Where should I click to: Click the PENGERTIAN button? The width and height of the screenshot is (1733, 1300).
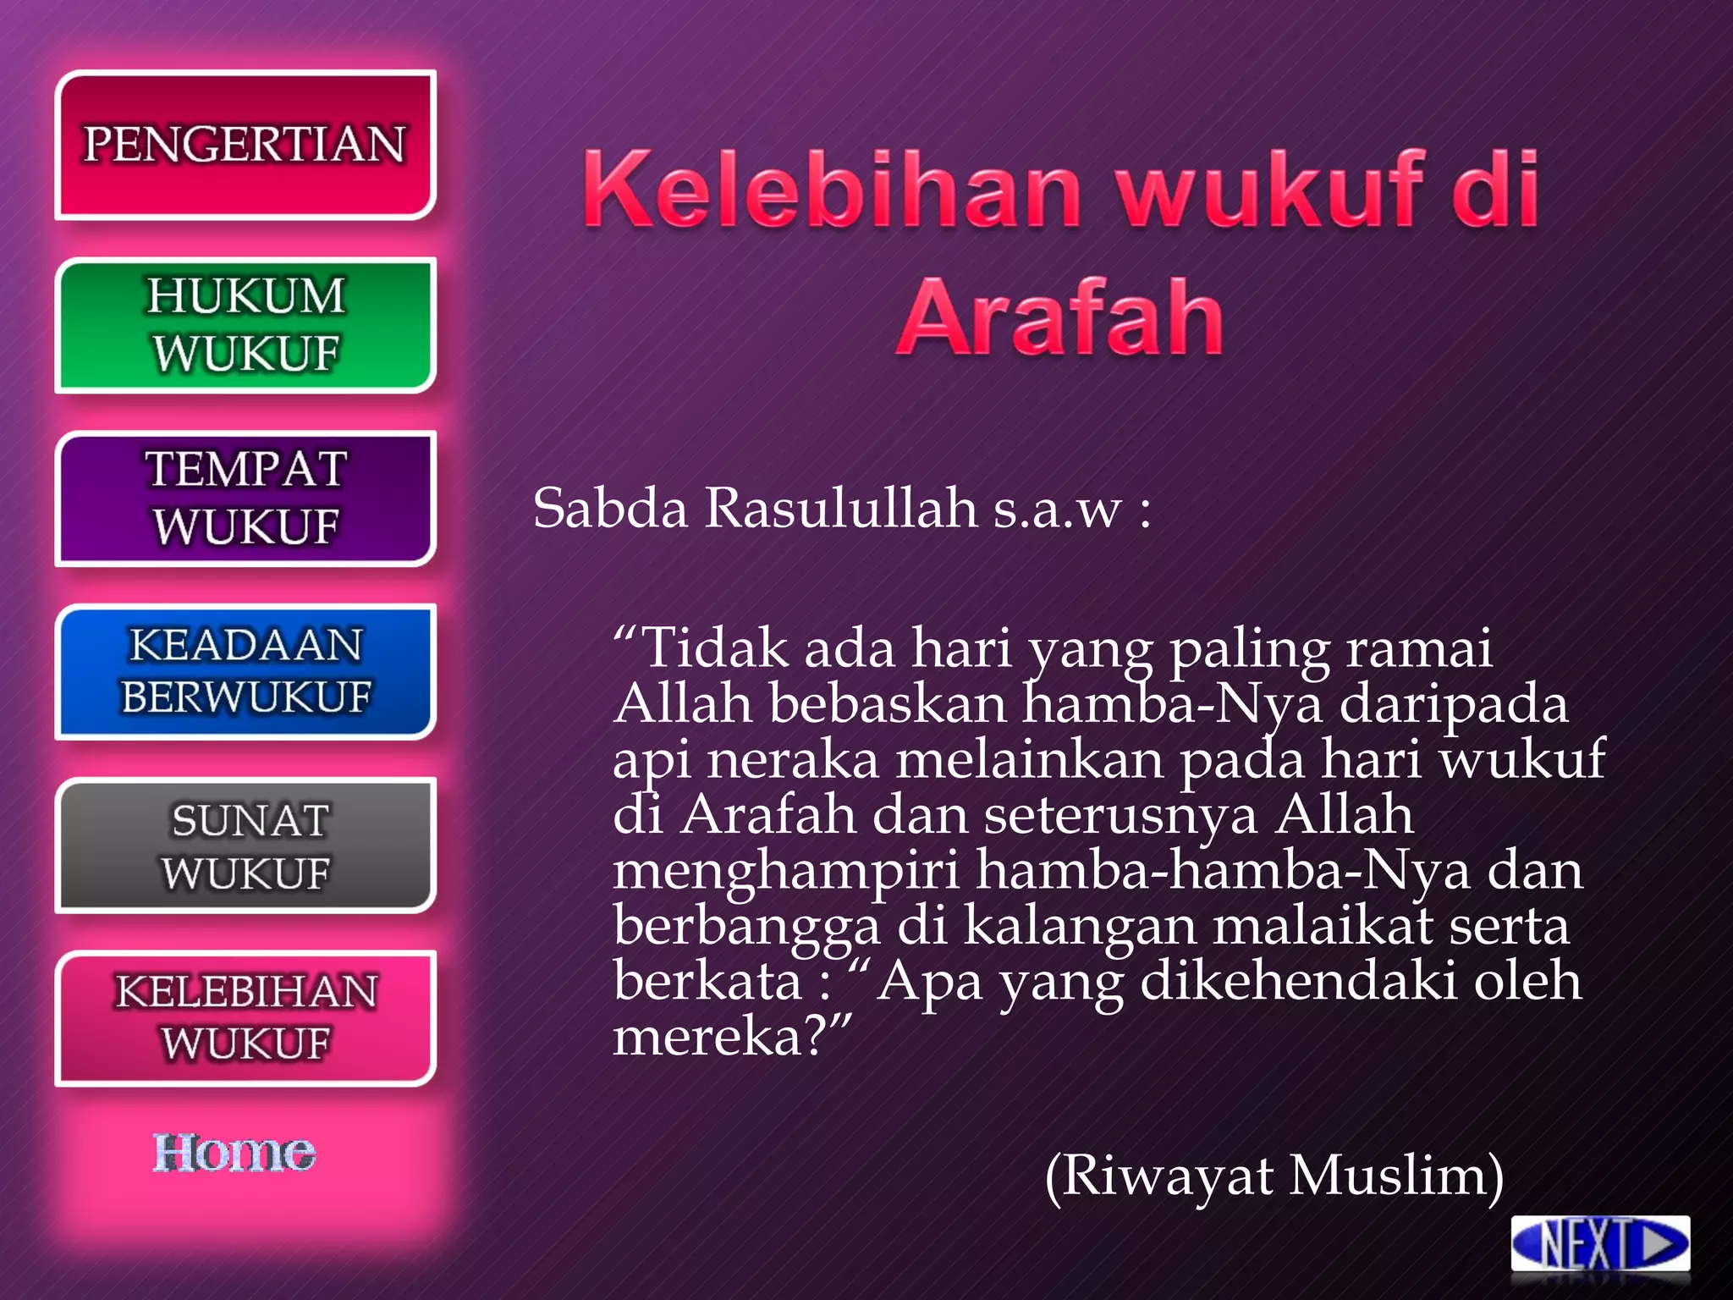[x=245, y=145]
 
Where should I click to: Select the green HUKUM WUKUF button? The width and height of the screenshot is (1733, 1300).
[x=245, y=325]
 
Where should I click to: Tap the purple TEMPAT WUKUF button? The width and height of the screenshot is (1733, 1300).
[x=245, y=499]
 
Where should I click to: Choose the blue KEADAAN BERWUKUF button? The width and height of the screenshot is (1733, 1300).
[x=245, y=671]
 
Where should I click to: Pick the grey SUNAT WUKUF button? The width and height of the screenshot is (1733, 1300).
[x=245, y=846]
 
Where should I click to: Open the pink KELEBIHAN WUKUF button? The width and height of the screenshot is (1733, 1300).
[x=245, y=1018]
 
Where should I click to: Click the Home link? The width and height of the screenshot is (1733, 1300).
[x=234, y=1153]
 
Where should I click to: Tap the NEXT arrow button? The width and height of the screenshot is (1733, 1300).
[x=1600, y=1244]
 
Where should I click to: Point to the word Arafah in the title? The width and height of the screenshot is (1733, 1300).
[x=1060, y=317]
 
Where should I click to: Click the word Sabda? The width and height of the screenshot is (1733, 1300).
[x=610, y=509]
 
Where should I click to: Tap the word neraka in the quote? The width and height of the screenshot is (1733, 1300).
[x=793, y=759]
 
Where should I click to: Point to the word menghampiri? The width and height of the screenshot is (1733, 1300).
[x=786, y=871]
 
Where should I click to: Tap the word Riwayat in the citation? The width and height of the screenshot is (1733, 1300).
[x=1167, y=1176]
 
